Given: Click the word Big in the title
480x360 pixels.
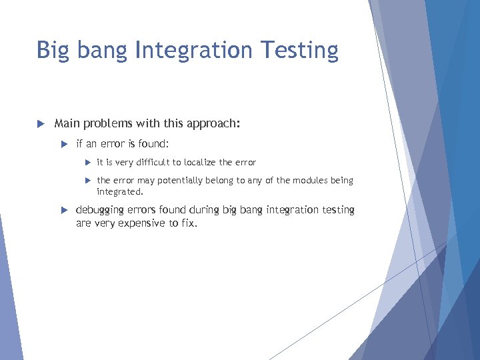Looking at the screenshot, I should click(x=51, y=50).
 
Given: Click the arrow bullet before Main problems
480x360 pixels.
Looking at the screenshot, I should click(x=40, y=123).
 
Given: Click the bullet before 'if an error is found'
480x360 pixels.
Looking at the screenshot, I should click(x=64, y=143).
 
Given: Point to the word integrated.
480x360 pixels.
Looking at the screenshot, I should click(x=120, y=191).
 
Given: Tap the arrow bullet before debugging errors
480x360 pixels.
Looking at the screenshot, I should click(x=64, y=210).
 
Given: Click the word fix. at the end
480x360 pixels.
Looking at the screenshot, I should click(x=189, y=223).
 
